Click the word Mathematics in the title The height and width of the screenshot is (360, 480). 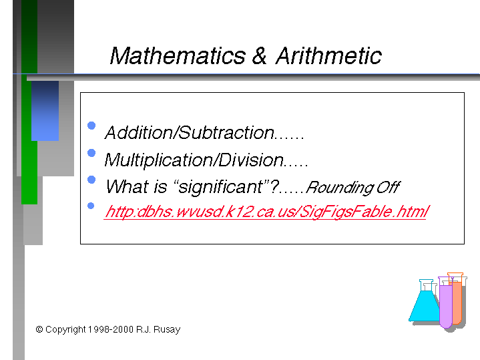[178, 55]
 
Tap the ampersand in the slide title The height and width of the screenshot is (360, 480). [259, 55]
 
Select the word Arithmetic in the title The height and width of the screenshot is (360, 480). [328, 55]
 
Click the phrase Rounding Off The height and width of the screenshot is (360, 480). [353, 187]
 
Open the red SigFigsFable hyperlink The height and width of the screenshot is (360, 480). [266, 212]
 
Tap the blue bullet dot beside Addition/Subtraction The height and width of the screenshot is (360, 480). [91, 126]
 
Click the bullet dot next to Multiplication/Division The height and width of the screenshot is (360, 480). [91, 153]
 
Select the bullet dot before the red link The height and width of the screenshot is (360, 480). [91, 206]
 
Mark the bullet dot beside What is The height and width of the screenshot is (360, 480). [91, 180]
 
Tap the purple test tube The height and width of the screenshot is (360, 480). [446, 303]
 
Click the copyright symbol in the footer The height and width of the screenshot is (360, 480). [39, 329]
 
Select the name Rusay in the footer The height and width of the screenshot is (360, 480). [167, 330]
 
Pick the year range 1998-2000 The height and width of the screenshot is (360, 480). [111, 330]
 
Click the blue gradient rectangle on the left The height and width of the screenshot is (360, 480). [45, 111]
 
